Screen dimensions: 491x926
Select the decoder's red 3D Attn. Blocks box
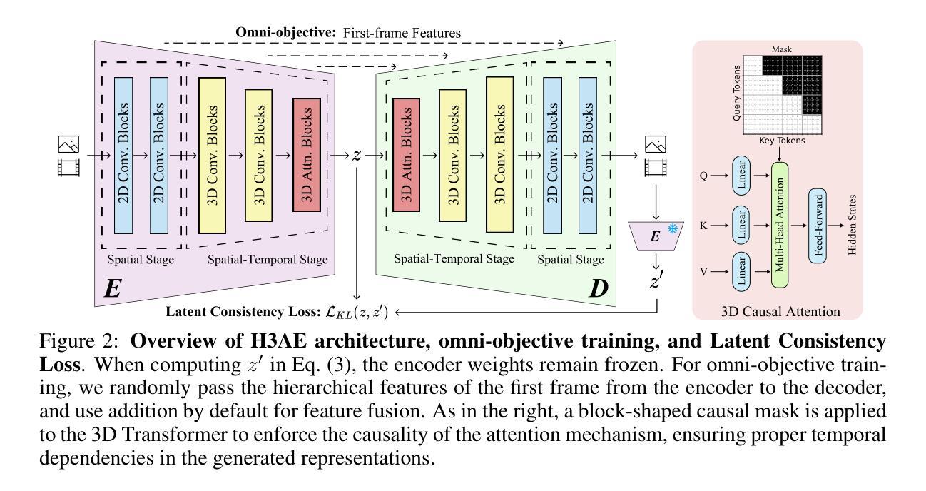click(406, 154)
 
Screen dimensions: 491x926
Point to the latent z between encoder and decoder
click(357, 155)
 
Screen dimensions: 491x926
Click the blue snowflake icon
click(671, 228)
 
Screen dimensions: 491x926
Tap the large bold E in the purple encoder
click(113, 288)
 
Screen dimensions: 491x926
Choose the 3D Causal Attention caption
click(777, 311)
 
